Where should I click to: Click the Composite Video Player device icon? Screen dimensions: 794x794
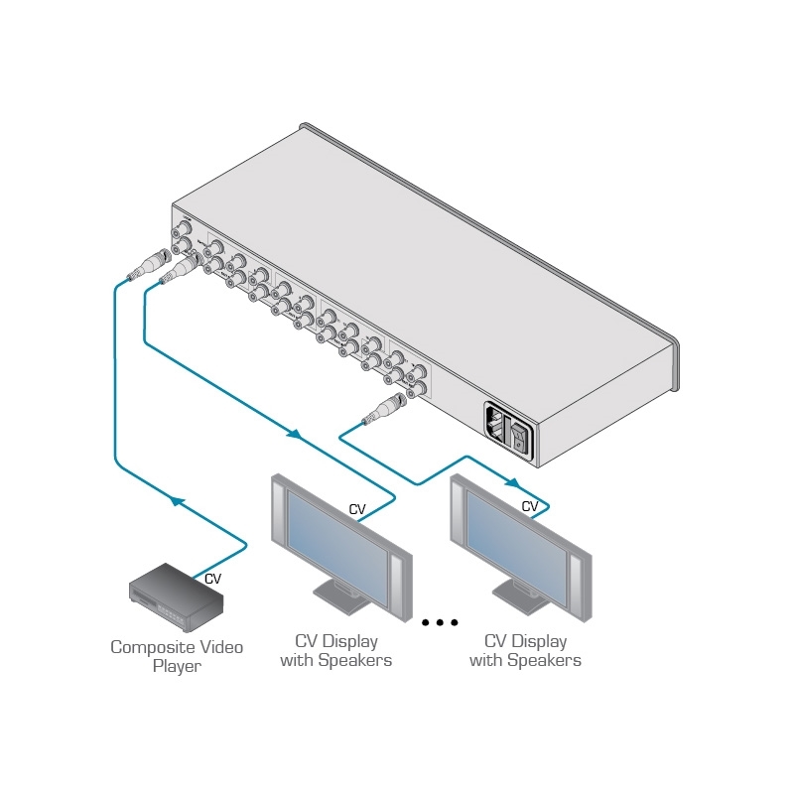pyautogui.click(x=176, y=595)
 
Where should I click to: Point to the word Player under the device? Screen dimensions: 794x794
pyautogui.click(x=176, y=666)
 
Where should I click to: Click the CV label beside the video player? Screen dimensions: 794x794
pyautogui.click(x=212, y=578)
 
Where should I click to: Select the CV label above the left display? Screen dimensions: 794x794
pyautogui.click(x=357, y=510)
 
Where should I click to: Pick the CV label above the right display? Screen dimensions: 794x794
pyautogui.click(x=530, y=506)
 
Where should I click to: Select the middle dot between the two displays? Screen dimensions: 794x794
pyautogui.click(x=440, y=622)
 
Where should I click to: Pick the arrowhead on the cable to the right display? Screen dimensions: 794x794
pyautogui.click(x=513, y=483)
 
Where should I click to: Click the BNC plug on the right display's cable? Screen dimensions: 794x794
pyautogui.click(x=385, y=409)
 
